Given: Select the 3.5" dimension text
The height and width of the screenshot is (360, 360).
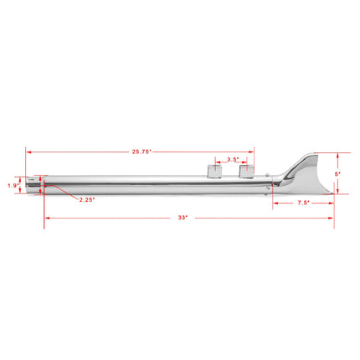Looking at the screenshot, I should (233, 158).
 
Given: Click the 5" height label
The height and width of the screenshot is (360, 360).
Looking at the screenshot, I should (338, 173).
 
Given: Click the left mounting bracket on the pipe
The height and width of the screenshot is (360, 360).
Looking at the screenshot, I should (213, 172).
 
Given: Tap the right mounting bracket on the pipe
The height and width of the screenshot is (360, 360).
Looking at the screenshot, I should (245, 172).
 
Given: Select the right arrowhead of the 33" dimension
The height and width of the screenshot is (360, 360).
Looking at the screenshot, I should (332, 218).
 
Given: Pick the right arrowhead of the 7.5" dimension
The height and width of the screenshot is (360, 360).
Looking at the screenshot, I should (332, 202).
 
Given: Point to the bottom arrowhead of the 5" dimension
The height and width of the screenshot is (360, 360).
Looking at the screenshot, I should (338, 192).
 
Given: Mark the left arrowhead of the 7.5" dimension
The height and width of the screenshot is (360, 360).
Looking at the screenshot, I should (271, 202).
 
